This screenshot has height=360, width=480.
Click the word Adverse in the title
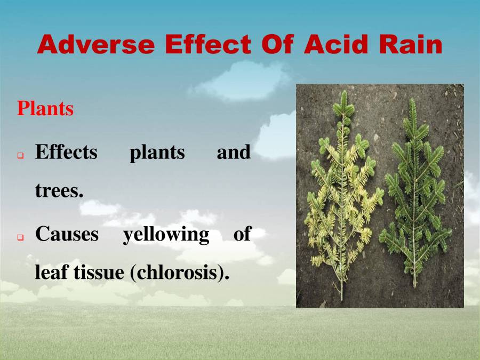pyautogui.click(x=96, y=44)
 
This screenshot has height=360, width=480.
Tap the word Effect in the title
pyautogui.click(x=208, y=44)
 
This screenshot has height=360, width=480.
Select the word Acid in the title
pyautogui.click(x=336, y=44)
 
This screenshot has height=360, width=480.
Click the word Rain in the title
pyautogui.click(x=411, y=44)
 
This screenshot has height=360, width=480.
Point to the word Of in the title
pyautogui.click(x=278, y=44)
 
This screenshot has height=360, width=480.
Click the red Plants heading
pyautogui.click(x=45, y=108)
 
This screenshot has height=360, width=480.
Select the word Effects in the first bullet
pyautogui.click(x=66, y=152)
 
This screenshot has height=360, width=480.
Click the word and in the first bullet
pyautogui.click(x=234, y=152)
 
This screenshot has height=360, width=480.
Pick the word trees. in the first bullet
pyautogui.click(x=59, y=191)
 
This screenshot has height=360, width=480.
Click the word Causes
pyautogui.click(x=67, y=234)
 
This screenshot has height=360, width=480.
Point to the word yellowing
pyautogui.click(x=166, y=235)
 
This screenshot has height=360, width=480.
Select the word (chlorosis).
pyautogui.click(x=180, y=273)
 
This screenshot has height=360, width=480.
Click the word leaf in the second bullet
pyautogui.click(x=52, y=272)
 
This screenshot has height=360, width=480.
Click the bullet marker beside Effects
pyautogui.click(x=20, y=156)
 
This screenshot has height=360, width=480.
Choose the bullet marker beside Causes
pyautogui.click(x=20, y=237)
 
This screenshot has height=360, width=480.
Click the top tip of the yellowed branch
pyautogui.click(x=345, y=91)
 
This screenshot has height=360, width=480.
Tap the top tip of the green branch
pyautogui.click(x=413, y=99)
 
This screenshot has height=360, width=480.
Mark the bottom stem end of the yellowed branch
pyautogui.click(x=342, y=300)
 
